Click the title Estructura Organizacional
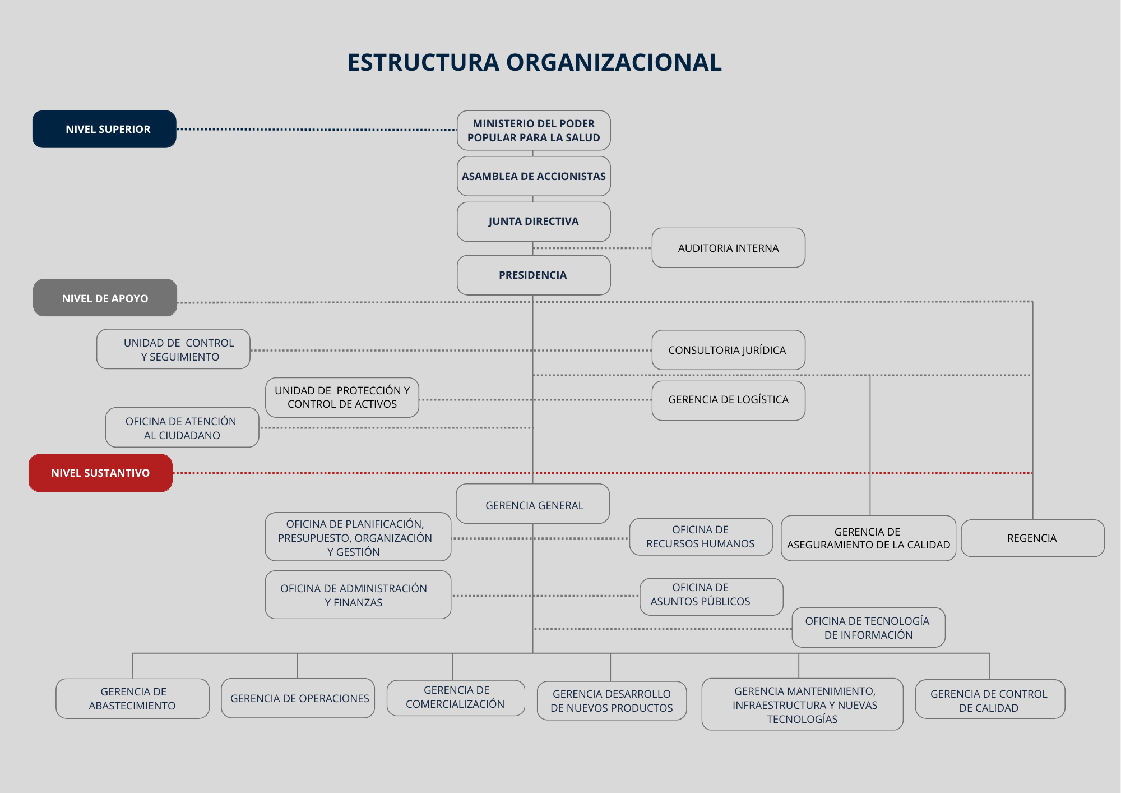534,62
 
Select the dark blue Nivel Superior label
104,129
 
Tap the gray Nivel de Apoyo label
105,298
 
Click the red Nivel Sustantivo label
100,473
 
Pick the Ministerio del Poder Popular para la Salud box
534,130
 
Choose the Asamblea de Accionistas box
534,176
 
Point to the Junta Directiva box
534,222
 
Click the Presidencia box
534,275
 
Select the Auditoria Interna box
729,248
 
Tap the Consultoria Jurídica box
729,350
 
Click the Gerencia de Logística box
729,400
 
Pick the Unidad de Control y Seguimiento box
173,349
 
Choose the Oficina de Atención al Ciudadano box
182,427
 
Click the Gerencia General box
533,504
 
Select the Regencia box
1032,538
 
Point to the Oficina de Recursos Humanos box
701,537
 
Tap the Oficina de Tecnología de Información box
868,628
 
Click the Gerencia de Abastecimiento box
133,698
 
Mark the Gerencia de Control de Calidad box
990,699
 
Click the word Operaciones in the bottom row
334,699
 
